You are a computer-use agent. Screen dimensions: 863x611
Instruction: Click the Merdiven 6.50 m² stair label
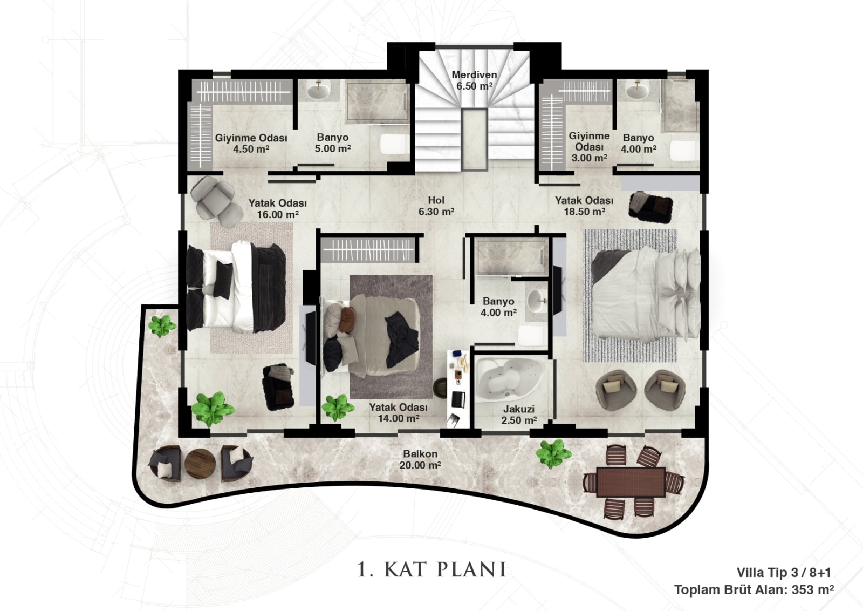[474, 80]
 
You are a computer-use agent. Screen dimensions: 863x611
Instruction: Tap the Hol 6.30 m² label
[436, 206]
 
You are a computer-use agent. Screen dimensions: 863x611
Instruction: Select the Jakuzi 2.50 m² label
[519, 415]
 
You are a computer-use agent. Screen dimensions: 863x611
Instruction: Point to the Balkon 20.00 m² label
[420, 459]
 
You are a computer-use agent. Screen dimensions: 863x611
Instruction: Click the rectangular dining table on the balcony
[631, 482]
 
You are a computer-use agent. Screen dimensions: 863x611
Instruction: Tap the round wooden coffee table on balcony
[200, 464]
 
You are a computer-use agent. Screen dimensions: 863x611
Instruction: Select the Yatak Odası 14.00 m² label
[399, 413]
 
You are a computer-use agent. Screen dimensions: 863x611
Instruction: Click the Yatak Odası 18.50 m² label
[584, 206]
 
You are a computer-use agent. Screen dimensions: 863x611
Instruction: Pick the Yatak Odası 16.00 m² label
[277, 208]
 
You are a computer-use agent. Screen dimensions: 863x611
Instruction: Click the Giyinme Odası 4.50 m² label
[251, 144]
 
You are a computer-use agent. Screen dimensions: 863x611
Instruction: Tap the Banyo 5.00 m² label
[332, 143]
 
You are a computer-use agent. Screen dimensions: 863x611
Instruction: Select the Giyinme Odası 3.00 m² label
[589, 147]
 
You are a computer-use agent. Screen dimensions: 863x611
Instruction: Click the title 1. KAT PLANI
[432, 570]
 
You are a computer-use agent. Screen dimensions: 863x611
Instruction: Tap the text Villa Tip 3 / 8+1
[784, 573]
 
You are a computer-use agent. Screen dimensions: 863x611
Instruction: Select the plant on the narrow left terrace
[162, 326]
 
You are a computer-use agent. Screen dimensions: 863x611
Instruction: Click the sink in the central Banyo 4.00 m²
[536, 301]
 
